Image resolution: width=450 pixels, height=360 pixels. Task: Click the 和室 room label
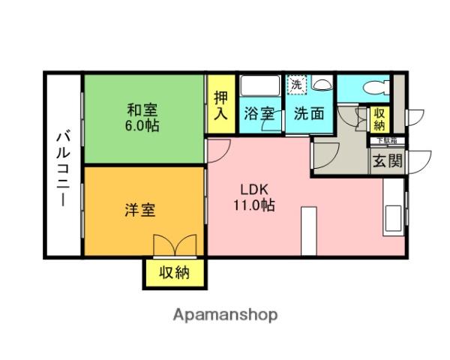142,108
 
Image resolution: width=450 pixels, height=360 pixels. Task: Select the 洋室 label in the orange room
140,210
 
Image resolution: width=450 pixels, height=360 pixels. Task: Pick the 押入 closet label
220,106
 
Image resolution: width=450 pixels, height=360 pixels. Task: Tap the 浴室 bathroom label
260,115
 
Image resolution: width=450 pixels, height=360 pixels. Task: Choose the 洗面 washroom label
307,115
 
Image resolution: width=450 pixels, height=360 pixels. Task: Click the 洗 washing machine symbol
298,85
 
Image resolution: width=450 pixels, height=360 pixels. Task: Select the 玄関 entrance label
387,160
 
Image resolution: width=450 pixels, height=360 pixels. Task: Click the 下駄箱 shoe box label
387,139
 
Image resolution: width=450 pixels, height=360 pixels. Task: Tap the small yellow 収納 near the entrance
380,118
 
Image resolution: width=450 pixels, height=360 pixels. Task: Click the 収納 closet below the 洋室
174,273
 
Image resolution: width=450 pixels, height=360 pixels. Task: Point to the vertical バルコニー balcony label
63,168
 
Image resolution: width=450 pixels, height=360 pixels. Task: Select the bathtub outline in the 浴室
259,86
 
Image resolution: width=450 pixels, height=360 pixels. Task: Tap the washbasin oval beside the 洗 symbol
321,84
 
